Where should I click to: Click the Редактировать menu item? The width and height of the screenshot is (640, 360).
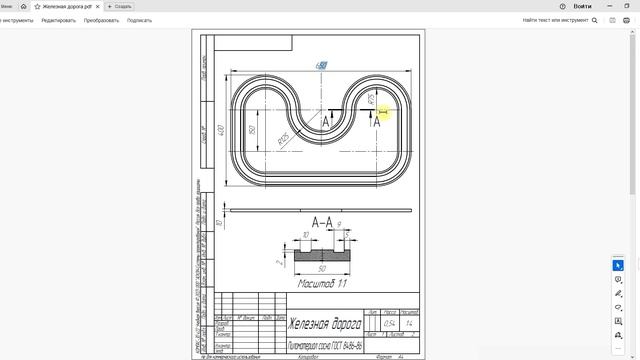tap(58, 20)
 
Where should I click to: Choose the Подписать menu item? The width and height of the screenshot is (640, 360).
tap(140, 20)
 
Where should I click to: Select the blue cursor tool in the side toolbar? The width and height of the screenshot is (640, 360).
tap(618, 265)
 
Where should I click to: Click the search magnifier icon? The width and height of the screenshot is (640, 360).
tap(595, 20)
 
